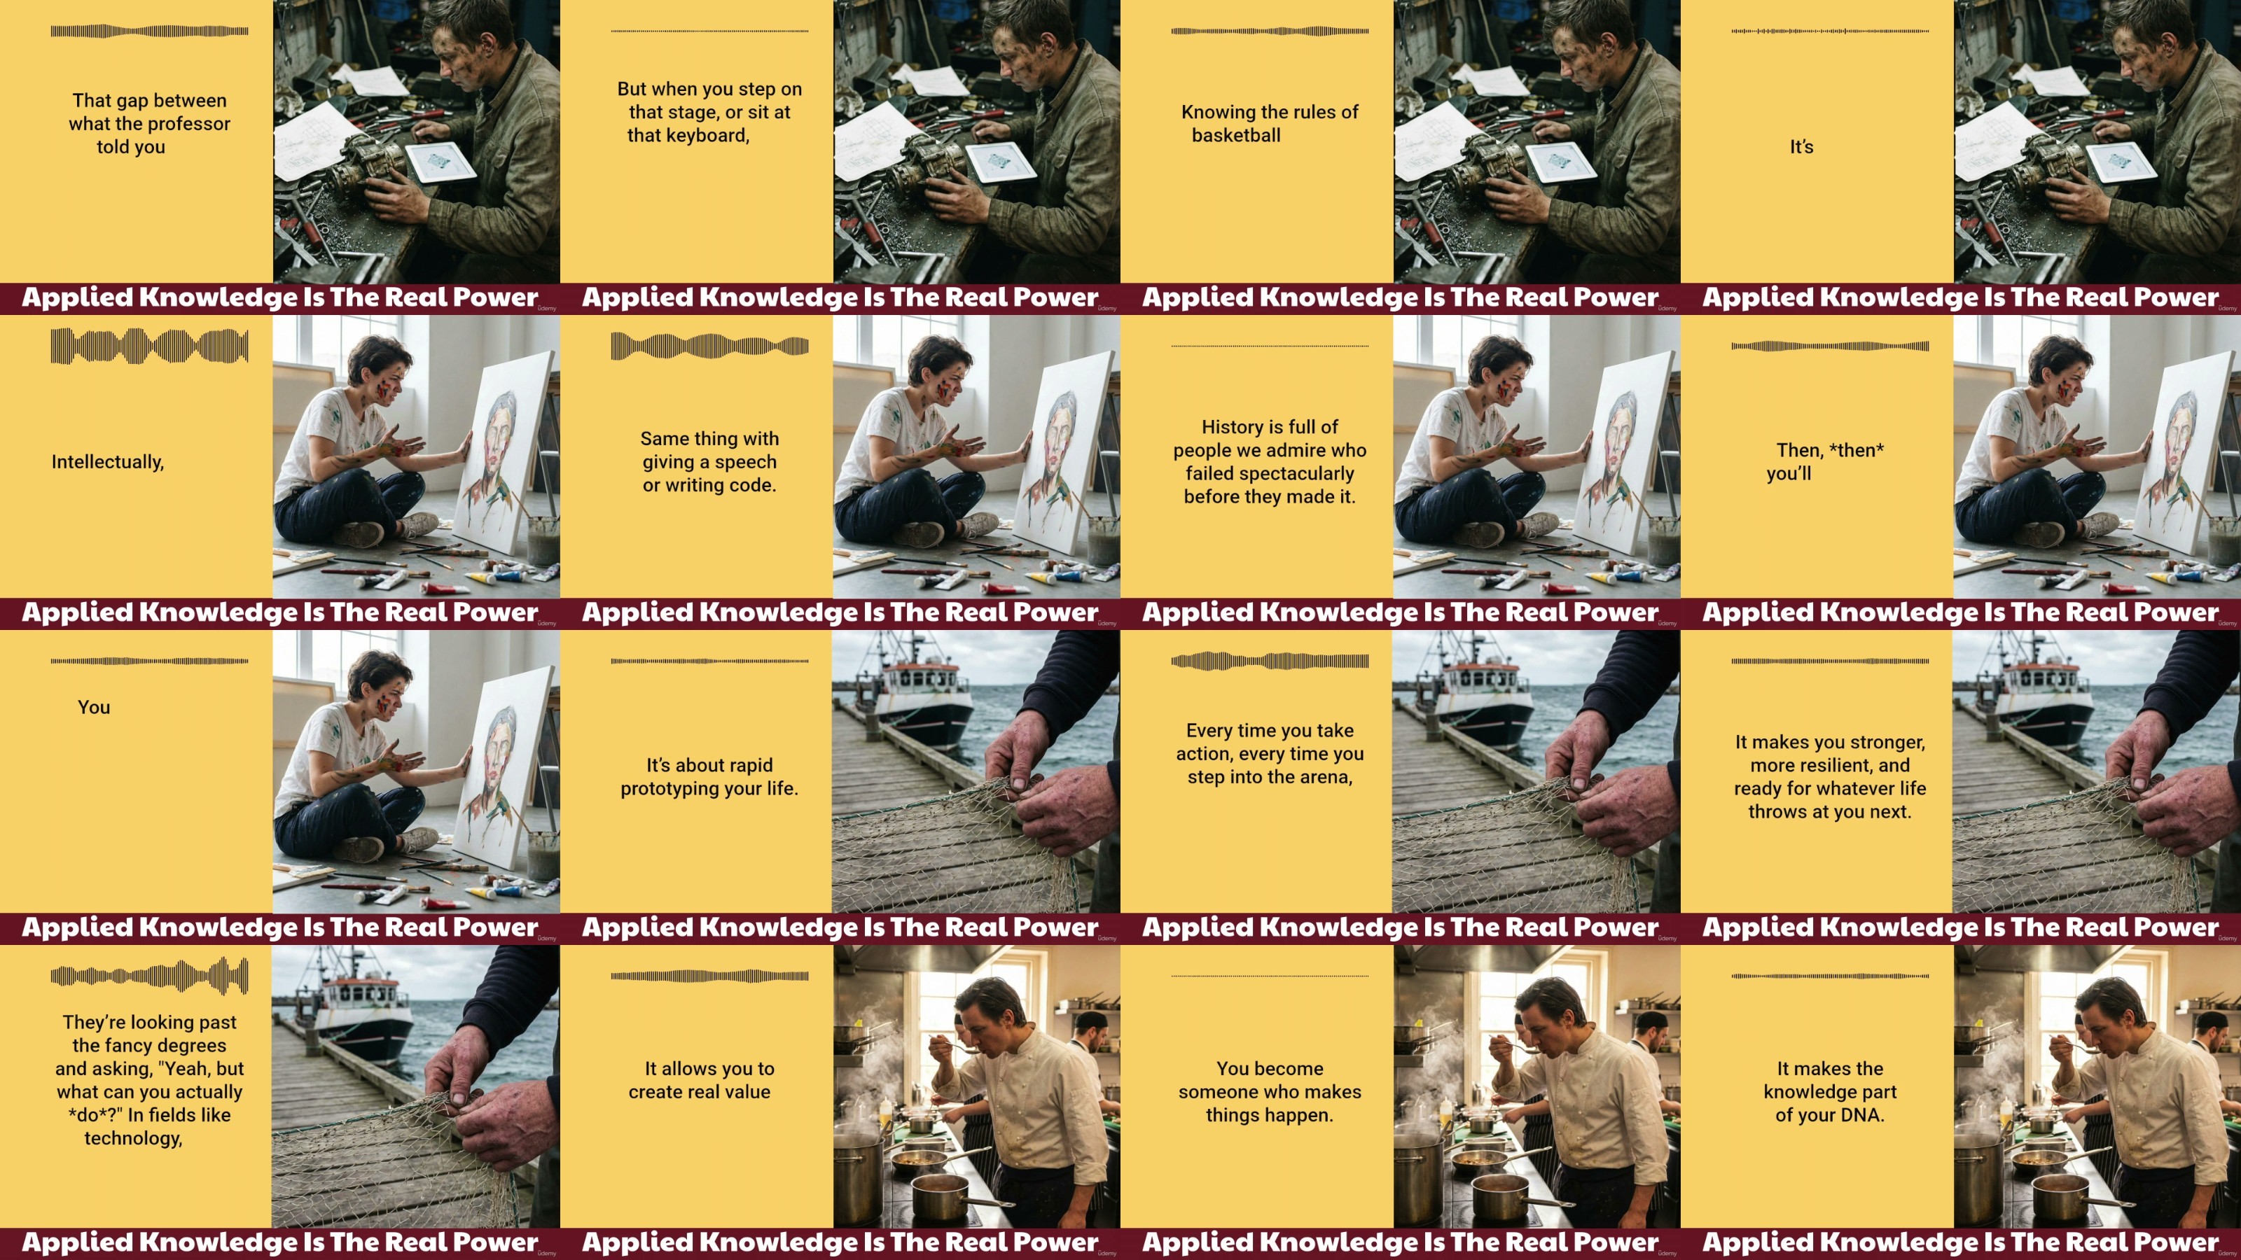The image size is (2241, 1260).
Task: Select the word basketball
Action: coord(1236,136)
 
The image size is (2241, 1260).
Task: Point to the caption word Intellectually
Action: coord(108,462)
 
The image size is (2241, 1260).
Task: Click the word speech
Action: coord(746,462)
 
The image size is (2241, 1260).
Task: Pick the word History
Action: coord(1232,427)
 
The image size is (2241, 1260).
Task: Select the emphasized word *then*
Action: coord(1856,450)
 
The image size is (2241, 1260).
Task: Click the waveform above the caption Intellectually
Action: coord(150,346)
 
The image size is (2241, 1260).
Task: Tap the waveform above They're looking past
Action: coord(150,976)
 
